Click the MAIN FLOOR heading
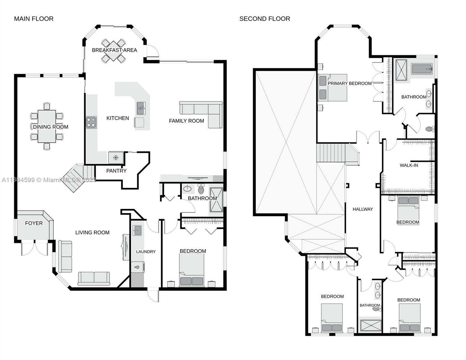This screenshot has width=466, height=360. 34,19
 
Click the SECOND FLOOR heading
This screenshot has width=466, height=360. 265,19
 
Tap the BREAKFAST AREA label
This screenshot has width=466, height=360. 114,50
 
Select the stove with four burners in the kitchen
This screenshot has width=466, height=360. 91,122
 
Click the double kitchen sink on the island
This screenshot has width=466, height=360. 141,108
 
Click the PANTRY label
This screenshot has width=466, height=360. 116,171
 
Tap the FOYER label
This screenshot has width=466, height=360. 34,223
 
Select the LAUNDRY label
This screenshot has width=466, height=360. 146,251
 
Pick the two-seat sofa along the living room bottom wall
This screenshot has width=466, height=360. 94,278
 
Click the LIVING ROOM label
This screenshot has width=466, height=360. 92,232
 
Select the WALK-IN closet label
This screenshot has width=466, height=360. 409,165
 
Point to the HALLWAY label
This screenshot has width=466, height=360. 363,209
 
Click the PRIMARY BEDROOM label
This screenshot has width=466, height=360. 350,83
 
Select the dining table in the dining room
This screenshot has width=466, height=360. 47,126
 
